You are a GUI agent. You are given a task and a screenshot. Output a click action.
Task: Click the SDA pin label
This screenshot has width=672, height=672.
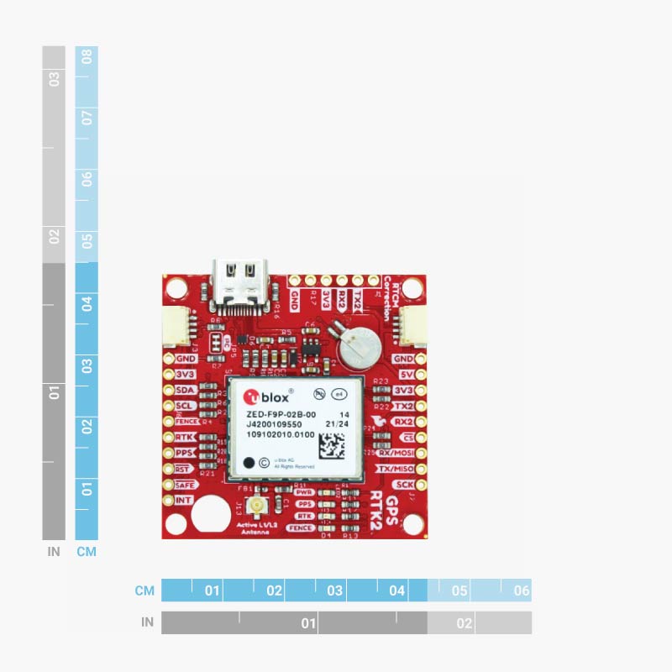(x=186, y=391)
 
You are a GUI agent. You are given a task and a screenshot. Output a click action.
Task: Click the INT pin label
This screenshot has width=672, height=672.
(x=185, y=501)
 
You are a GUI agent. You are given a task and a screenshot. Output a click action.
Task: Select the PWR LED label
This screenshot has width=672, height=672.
(x=305, y=491)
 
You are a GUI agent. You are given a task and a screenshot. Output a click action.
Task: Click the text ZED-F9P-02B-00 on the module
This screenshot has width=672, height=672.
(x=281, y=415)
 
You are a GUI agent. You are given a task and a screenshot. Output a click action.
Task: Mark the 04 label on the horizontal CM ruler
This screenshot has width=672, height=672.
(x=397, y=591)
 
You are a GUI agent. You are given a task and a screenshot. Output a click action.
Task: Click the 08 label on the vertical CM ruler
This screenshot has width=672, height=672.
(x=87, y=58)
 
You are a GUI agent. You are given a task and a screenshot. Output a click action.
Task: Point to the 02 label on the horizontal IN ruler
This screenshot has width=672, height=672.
(x=464, y=623)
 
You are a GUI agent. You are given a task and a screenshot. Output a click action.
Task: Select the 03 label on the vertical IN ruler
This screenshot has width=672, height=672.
(x=55, y=80)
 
